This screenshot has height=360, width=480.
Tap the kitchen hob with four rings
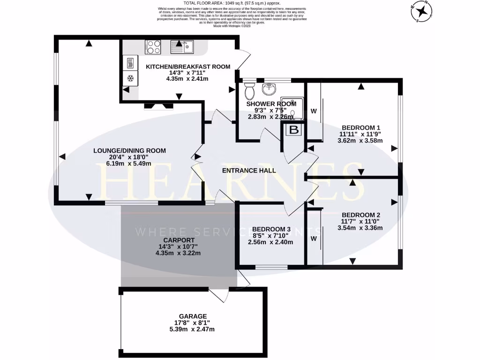click(153, 46)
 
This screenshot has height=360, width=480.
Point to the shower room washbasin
click(270, 89)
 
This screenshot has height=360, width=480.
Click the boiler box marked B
click(294, 130)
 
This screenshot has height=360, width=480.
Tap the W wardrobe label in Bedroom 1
click(314, 111)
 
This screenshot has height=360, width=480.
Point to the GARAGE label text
click(193, 316)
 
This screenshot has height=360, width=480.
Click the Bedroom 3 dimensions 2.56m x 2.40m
click(270, 242)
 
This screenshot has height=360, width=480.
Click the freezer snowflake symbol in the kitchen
click(130, 77)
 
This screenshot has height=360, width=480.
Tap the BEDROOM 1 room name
click(360, 127)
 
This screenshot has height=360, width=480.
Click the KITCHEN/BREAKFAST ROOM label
click(188, 67)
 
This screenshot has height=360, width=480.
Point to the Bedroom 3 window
click(271, 267)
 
